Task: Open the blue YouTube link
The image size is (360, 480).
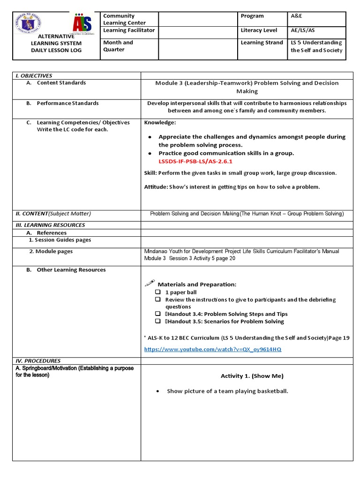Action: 213,350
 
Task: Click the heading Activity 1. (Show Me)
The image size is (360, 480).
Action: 252,376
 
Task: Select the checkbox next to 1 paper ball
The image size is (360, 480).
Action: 158,292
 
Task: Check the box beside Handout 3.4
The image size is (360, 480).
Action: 158,314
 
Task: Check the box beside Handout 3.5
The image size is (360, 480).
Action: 158,322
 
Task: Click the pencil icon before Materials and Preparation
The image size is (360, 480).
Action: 150,283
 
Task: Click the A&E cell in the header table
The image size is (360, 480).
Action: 297,16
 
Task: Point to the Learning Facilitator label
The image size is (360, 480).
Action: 129,30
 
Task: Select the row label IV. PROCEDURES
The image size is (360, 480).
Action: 38,361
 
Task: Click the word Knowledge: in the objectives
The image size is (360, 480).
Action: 160,122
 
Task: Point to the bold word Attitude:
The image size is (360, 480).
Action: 156,187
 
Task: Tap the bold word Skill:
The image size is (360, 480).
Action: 150,173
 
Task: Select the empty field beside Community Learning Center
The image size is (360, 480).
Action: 198,19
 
